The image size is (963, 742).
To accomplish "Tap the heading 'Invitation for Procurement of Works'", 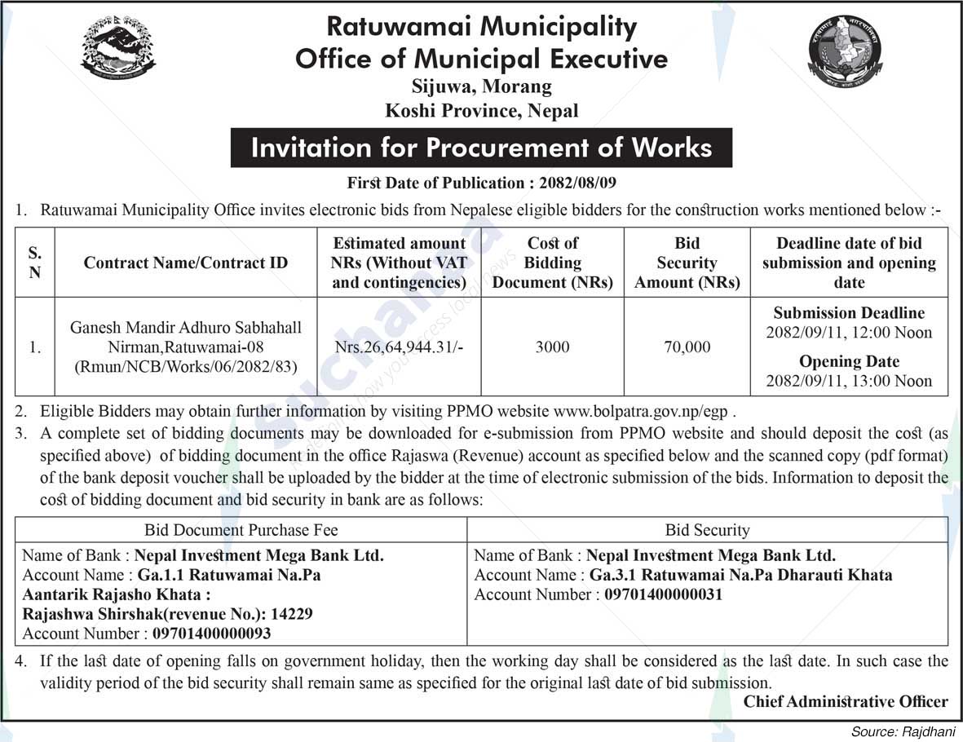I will pos(481,148).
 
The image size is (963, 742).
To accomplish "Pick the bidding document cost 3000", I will pos(552,347).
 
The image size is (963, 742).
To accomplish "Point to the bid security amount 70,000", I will pos(687,347).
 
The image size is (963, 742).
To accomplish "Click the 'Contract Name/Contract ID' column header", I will pos(185,263).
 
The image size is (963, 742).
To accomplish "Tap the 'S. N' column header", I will pos(34,263).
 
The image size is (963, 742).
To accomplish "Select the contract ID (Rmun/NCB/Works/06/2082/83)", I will pos(185,367).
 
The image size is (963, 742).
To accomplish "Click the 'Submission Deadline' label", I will pos(849,313).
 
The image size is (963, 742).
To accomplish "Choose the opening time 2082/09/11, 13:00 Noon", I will pos(849,381).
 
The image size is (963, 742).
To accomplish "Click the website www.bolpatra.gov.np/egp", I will pos(645,411).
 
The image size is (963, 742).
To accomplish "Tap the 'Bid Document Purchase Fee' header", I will pos(241,530).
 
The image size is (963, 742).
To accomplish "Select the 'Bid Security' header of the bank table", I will pos(707,530).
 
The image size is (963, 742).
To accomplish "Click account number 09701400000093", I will pos(210,634).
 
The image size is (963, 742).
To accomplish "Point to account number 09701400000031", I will pos(663,594).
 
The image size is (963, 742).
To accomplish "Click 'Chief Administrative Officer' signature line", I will pos(846,701).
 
